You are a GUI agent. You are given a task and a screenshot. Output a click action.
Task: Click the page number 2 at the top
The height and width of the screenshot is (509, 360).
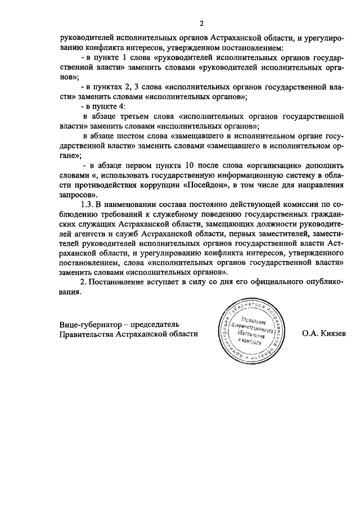click(x=201, y=24)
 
